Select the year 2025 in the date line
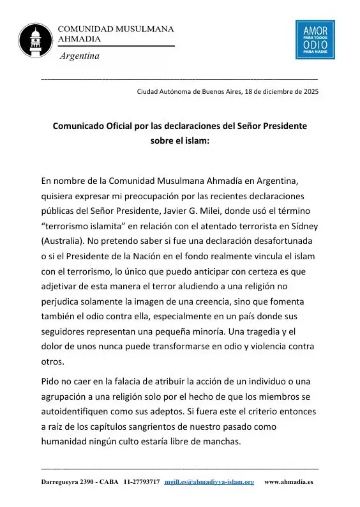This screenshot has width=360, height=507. tap(311, 91)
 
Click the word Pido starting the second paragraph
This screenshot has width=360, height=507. tap(52, 381)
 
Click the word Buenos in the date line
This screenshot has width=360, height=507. tap(207, 91)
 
